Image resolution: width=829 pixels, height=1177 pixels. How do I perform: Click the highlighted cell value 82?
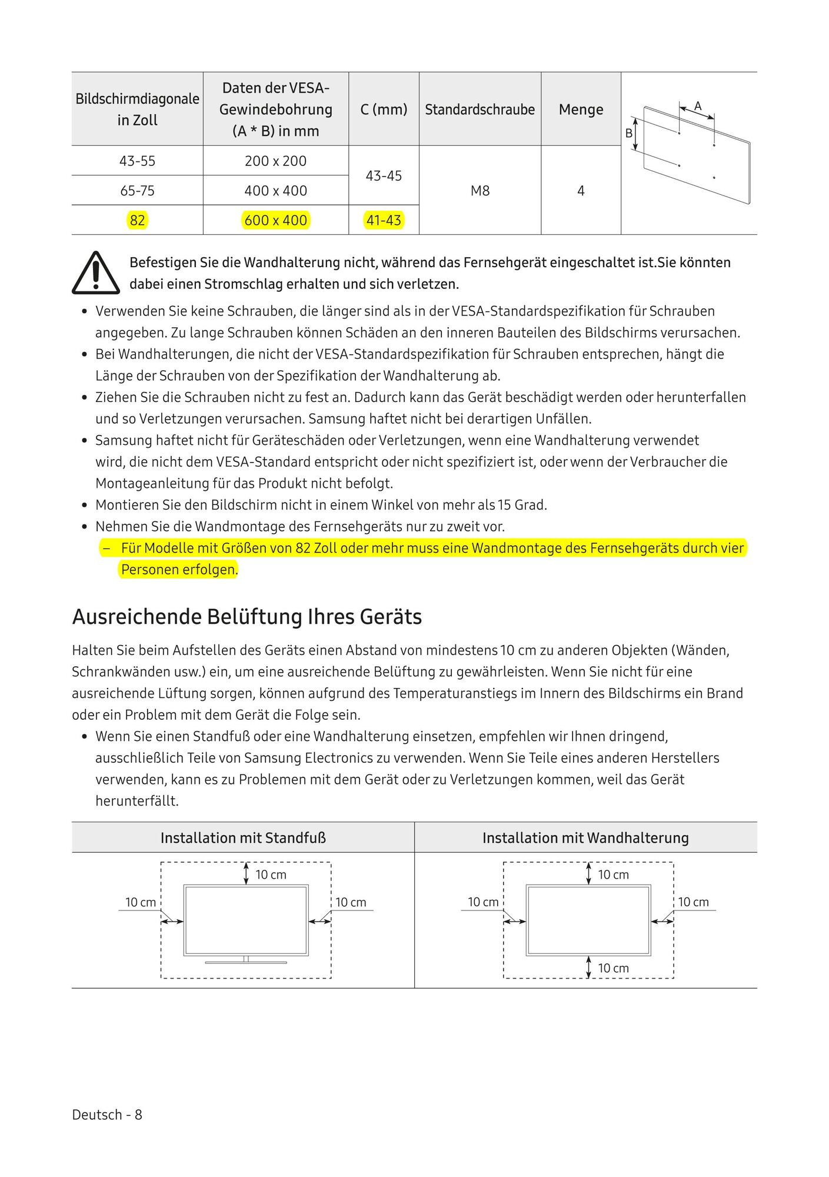(x=137, y=220)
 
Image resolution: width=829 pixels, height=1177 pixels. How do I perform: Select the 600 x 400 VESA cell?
(x=275, y=220)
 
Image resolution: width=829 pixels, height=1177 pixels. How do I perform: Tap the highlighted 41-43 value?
(x=384, y=220)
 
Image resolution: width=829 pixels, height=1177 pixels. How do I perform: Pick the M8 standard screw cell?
(x=480, y=191)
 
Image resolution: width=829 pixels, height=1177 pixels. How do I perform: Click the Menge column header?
(x=581, y=109)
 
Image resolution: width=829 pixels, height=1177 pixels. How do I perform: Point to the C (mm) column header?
(x=384, y=109)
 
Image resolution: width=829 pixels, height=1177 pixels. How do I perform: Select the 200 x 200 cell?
(x=275, y=161)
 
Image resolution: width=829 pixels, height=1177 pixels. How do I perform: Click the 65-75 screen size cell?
(x=137, y=191)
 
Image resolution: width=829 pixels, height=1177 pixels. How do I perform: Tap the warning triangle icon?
(x=96, y=273)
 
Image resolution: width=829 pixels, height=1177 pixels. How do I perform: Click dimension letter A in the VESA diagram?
(x=698, y=106)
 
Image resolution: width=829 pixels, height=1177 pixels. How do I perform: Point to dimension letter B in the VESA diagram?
(x=629, y=134)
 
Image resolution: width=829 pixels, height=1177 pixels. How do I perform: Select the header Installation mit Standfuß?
(x=243, y=837)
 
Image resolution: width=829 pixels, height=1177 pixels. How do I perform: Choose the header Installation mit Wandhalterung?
(x=585, y=837)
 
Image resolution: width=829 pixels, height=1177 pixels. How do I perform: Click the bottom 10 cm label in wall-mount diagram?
(x=613, y=968)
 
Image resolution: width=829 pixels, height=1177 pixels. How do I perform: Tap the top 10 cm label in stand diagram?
(x=271, y=875)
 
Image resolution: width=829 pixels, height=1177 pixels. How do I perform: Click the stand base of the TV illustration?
(x=246, y=962)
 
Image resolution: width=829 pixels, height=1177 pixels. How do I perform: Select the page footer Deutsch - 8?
(x=107, y=1115)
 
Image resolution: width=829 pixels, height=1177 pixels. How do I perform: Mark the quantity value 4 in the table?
(x=581, y=191)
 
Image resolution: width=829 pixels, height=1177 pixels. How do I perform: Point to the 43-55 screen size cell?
(x=137, y=161)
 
